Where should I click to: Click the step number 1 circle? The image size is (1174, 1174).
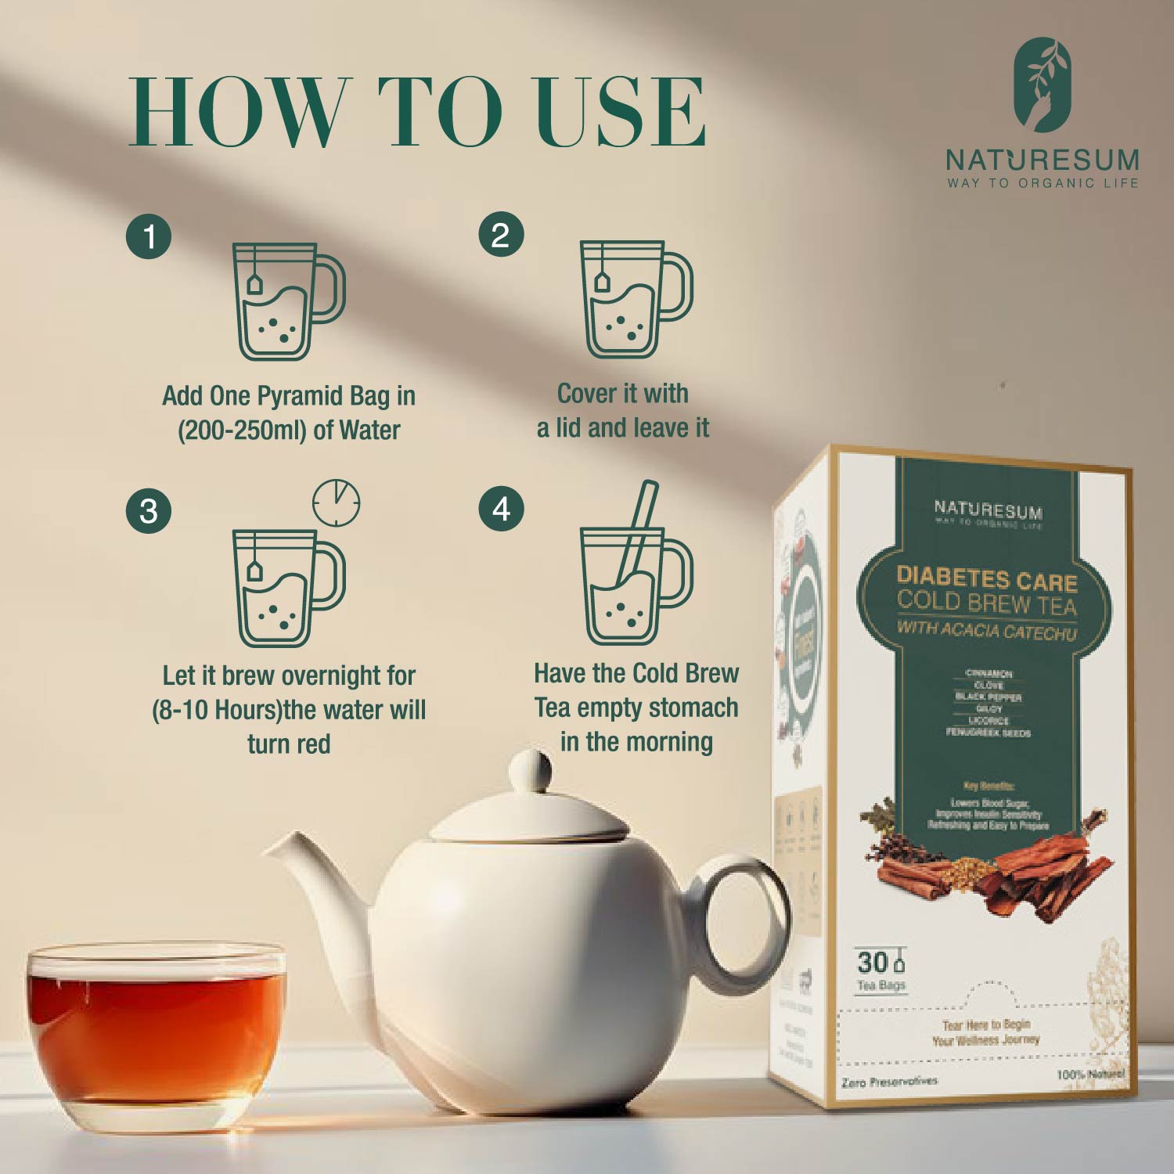[x=149, y=236]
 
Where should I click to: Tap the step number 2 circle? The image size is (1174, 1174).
[x=501, y=234]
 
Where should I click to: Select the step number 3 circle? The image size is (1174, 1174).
[x=149, y=511]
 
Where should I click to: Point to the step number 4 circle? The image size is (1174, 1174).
[x=501, y=510]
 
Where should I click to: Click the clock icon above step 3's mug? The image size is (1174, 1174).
[x=337, y=502]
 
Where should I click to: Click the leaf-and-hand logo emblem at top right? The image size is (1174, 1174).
[x=1043, y=86]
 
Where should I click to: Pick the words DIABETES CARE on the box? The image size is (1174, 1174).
[x=986, y=579]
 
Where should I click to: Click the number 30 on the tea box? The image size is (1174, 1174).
[x=872, y=962]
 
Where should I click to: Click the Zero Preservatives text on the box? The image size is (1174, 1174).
[x=889, y=1081]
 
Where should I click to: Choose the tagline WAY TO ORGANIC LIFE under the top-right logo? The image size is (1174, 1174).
[x=1043, y=183]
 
